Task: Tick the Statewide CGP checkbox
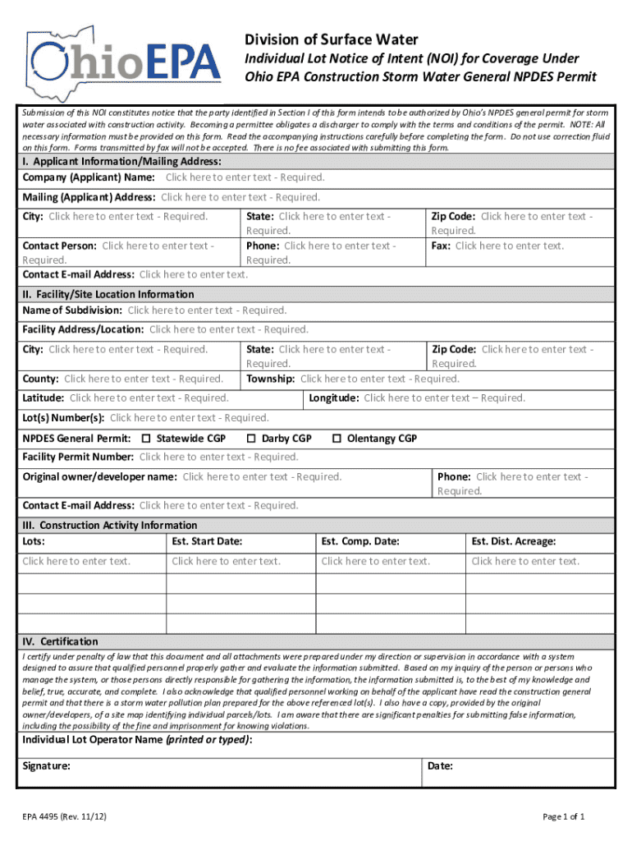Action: pyautogui.click(x=147, y=439)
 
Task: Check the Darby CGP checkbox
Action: pyautogui.click(x=252, y=439)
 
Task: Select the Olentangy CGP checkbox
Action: pyautogui.click(x=337, y=439)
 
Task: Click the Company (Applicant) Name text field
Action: pyautogui.click(x=245, y=177)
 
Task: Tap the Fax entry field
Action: pyautogui.click(x=510, y=246)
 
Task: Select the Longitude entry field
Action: pyautogui.click(x=444, y=398)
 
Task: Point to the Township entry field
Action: pyautogui.click(x=379, y=379)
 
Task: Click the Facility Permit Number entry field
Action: pyautogui.click(x=218, y=457)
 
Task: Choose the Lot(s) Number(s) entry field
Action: pyautogui.click(x=189, y=418)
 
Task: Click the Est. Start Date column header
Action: pyautogui.click(x=206, y=541)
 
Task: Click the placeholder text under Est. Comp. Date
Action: pyautogui.click(x=375, y=562)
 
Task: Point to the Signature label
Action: pyautogui.click(x=46, y=766)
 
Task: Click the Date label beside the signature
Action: pyautogui.click(x=440, y=766)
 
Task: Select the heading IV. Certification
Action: pyautogui.click(x=60, y=641)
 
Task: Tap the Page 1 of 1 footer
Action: pyautogui.click(x=563, y=816)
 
